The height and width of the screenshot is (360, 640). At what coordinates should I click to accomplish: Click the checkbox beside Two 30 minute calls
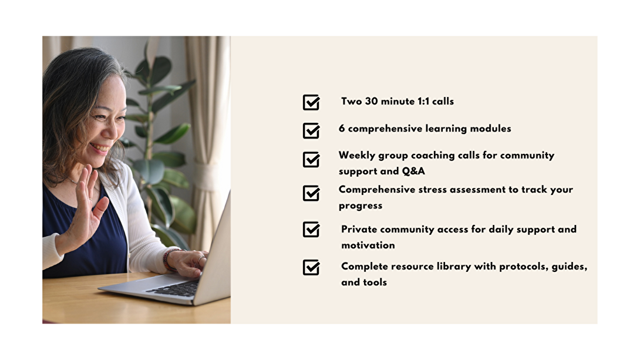click(x=311, y=102)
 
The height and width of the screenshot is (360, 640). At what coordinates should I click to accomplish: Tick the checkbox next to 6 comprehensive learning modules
click(x=311, y=130)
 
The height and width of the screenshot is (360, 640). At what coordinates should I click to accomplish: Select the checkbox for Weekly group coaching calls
click(x=311, y=159)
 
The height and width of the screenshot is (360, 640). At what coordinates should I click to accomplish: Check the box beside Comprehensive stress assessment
click(x=311, y=193)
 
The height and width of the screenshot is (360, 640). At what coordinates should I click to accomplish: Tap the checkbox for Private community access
click(x=311, y=230)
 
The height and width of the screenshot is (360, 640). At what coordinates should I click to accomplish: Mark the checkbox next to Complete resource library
click(x=311, y=267)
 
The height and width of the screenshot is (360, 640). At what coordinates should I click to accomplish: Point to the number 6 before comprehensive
click(x=342, y=128)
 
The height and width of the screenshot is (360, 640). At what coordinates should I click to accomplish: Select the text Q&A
click(x=413, y=171)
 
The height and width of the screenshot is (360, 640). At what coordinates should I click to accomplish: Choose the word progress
click(x=361, y=206)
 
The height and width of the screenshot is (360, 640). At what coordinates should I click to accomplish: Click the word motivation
click(x=368, y=245)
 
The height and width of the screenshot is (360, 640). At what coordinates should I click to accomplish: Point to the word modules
click(x=490, y=128)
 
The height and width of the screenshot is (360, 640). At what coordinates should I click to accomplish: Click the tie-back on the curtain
click(x=209, y=176)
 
